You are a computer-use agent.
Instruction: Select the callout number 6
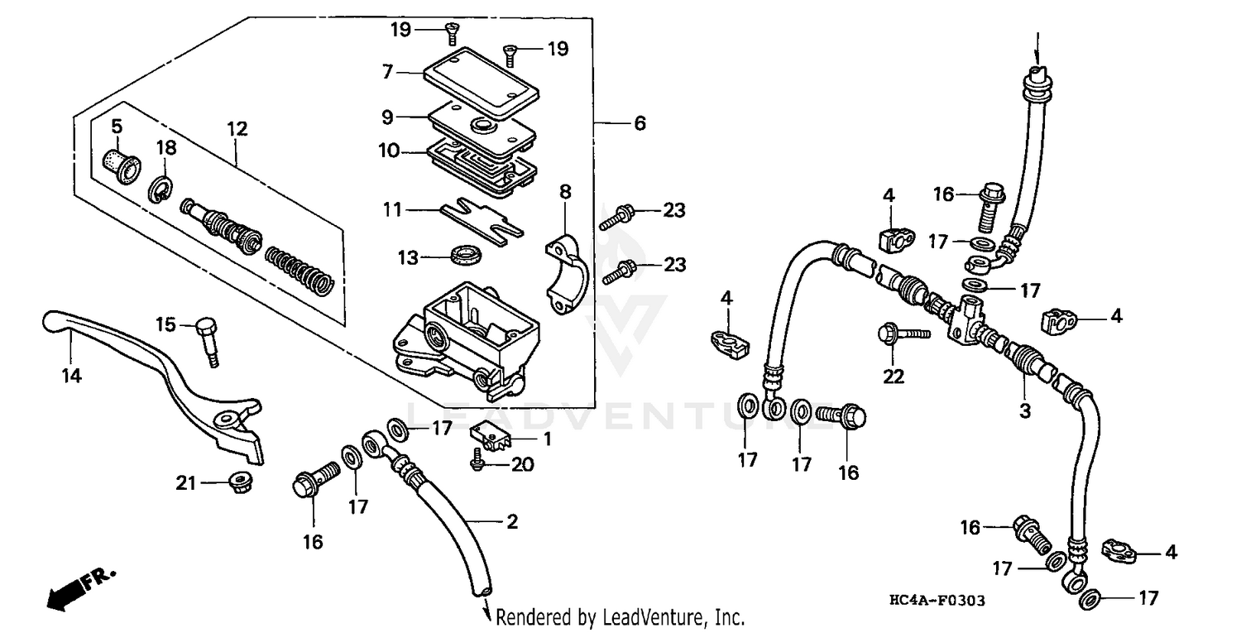(639, 123)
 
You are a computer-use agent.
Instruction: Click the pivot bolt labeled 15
(208, 338)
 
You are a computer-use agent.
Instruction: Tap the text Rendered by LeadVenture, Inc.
(620, 617)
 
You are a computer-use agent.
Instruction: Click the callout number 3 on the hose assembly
(1024, 411)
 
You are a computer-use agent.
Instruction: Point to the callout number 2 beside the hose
(512, 521)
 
